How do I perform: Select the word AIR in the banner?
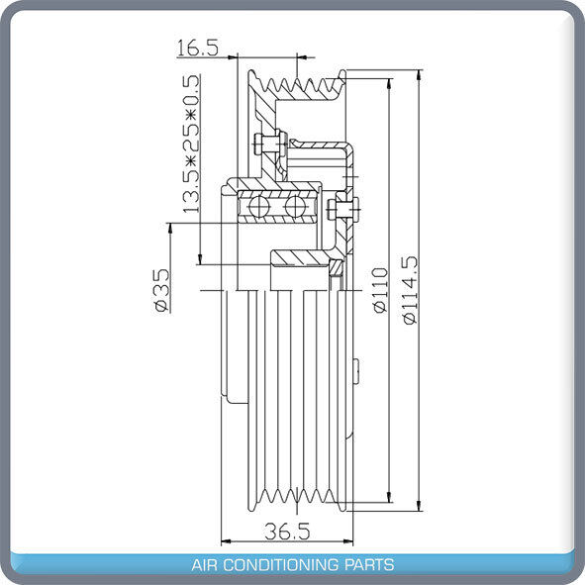(x=205, y=565)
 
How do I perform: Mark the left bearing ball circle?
(x=260, y=207)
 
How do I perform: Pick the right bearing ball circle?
(x=295, y=207)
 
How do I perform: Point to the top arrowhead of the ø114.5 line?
(x=422, y=76)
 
